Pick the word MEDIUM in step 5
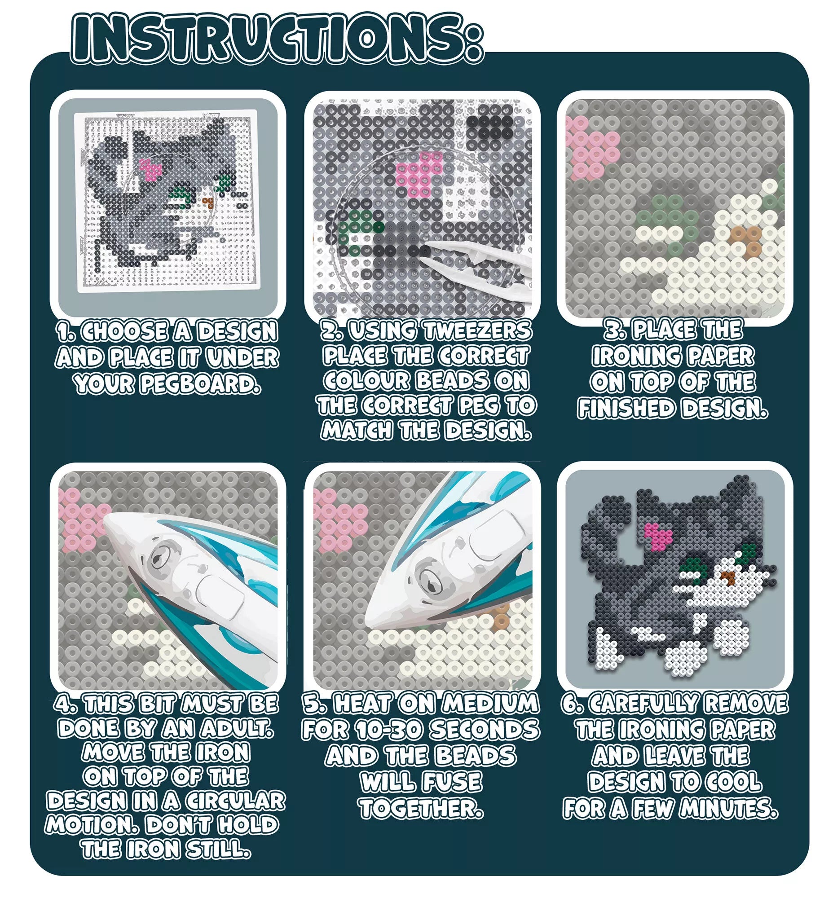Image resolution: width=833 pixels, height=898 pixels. [489, 704]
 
